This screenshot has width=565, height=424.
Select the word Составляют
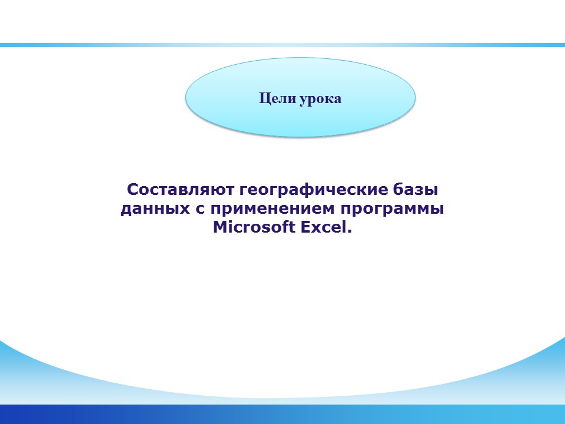coord(181,190)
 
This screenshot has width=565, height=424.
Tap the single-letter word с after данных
coord(200,210)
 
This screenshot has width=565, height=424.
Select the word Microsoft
coord(254,227)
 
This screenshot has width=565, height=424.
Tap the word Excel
coord(323,227)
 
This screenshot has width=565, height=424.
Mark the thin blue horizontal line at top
coord(282,45)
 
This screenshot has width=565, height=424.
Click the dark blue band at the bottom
coord(282,414)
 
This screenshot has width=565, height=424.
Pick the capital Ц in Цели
coord(264,98)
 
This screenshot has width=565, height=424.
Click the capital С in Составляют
coord(132,190)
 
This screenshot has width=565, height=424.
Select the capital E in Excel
coord(305,227)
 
